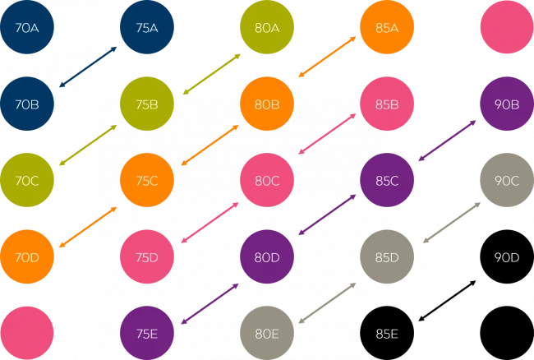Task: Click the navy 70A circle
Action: click(x=27, y=28)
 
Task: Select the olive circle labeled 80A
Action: click(x=267, y=28)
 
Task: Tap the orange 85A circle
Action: click(x=387, y=28)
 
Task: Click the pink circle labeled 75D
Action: click(x=147, y=257)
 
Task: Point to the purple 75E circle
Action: click(x=147, y=333)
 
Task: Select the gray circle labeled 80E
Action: click(x=267, y=333)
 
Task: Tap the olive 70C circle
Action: click(x=27, y=181)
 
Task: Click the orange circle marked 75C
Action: click(x=147, y=181)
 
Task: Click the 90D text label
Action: click(x=507, y=257)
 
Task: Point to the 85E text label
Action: click(x=387, y=333)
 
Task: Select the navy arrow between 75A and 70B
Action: click(x=88, y=66)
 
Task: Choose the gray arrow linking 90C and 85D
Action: click(x=450, y=220)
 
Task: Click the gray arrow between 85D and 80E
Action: click(x=327, y=303)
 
